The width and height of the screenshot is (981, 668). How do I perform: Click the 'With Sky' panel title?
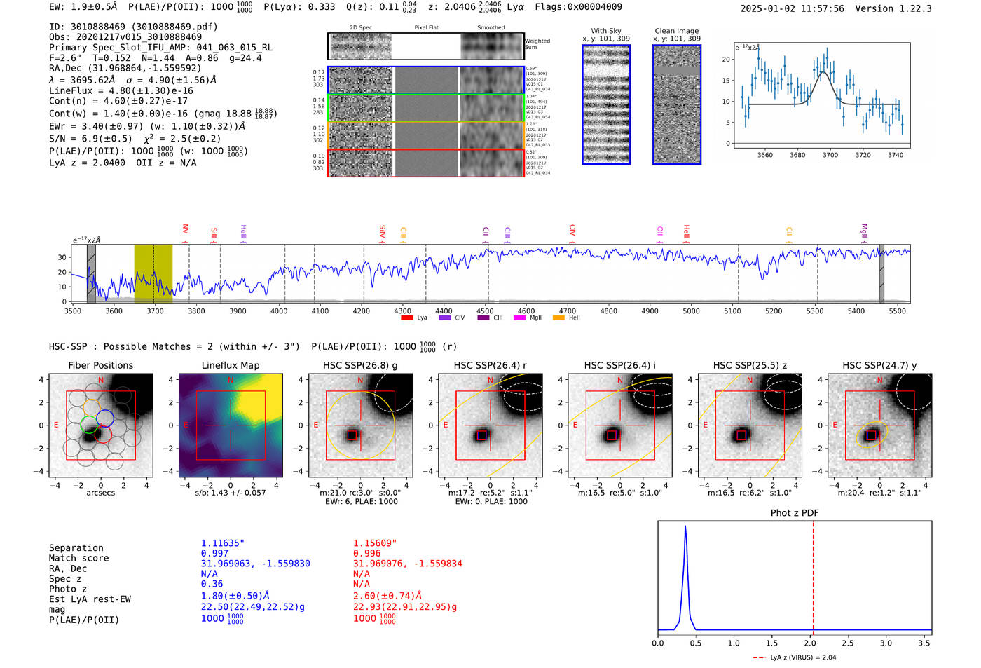[x=605, y=31]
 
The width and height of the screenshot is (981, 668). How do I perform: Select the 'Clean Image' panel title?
[x=676, y=31]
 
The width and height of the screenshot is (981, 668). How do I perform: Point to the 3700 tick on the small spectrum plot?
[x=830, y=155]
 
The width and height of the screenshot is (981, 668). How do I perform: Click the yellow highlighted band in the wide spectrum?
[x=153, y=273]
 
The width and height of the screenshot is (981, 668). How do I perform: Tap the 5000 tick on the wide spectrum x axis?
[x=691, y=311]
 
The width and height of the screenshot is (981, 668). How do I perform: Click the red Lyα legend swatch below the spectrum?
[x=406, y=318]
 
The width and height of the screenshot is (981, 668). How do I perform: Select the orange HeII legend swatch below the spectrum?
[x=558, y=318]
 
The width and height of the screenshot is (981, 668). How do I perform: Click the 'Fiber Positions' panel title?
[x=100, y=365]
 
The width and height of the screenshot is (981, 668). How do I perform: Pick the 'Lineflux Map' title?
[x=230, y=365]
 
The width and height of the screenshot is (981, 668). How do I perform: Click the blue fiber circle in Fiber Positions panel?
[x=105, y=419]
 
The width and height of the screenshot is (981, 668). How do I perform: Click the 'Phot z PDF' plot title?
[x=794, y=513]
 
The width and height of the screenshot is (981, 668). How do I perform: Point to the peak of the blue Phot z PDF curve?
[x=685, y=526]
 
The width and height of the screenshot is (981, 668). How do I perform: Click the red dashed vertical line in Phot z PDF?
[x=813, y=575]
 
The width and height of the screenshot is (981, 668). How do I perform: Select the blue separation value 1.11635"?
[x=223, y=543]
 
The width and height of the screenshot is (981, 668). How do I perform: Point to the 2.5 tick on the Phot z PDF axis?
[x=847, y=643]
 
